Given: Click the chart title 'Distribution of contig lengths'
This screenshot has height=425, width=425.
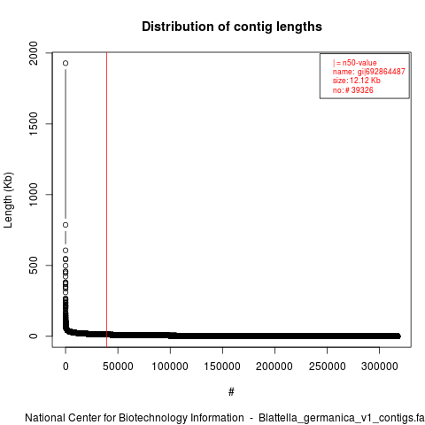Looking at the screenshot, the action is (x=232, y=27).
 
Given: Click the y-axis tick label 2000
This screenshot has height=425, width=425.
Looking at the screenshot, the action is (x=34, y=53).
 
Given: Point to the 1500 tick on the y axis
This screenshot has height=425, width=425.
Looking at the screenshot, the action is (x=34, y=124).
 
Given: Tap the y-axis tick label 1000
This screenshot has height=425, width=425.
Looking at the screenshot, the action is (x=34, y=195).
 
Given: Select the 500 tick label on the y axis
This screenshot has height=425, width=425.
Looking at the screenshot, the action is (x=34, y=265).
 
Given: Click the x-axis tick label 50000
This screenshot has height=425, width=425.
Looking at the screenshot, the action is (x=118, y=367).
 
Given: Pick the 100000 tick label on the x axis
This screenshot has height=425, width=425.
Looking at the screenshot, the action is (x=170, y=367).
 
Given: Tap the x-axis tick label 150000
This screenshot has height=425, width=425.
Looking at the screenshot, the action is (x=222, y=367).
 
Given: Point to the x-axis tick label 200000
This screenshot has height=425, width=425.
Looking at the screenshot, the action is (x=274, y=367).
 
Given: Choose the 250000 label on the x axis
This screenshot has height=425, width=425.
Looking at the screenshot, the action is (x=327, y=367).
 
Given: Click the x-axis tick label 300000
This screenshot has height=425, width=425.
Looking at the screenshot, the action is (x=379, y=367).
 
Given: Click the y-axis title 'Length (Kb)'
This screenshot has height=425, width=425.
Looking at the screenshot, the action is (x=8, y=200).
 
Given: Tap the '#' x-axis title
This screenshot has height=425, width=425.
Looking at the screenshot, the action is (x=231, y=392).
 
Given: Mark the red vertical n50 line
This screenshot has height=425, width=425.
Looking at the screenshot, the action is (x=106, y=200).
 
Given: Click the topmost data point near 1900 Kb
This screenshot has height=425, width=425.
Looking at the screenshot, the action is (x=66, y=63).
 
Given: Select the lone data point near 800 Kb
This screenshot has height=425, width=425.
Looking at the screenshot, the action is (x=66, y=225).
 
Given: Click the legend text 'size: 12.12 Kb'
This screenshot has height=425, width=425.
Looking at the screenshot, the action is (x=357, y=81).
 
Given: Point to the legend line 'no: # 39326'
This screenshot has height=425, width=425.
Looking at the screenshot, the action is (x=353, y=90).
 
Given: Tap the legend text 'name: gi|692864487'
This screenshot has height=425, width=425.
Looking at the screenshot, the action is (x=369, y=72).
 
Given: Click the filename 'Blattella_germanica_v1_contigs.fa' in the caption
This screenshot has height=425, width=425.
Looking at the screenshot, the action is (x=342, y=418).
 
